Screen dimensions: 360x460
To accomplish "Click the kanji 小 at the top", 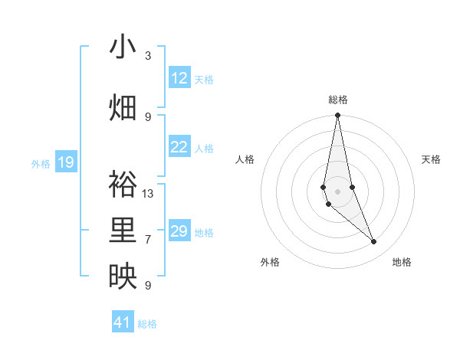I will (123, 47).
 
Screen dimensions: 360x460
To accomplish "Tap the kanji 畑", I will (123, 108).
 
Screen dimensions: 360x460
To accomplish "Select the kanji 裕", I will (123, 184).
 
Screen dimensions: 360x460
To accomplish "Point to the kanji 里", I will (123, 231).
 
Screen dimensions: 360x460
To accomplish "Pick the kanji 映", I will (123, 277).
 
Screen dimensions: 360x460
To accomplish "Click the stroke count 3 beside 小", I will (148, 56).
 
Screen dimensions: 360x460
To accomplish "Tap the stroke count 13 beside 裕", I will (148, 193).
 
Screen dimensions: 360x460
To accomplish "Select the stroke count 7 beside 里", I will (148, 240).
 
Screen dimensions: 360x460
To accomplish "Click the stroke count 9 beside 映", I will (148, 286).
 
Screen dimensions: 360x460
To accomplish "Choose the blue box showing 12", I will (179, 78).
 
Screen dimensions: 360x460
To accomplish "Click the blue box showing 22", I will (179, 147).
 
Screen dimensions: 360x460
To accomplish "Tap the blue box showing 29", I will (179, 231).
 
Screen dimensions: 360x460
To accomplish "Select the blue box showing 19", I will (65, 162).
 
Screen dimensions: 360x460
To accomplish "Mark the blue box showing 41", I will (123, 322).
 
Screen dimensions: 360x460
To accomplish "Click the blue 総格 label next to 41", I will (147, 324).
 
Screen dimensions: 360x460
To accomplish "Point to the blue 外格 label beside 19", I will (41, 163).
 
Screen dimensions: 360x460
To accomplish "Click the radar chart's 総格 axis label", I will (338, 100).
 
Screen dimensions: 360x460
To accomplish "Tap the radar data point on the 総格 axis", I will (337, 116).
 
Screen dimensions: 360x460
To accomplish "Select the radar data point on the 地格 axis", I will (374, 242).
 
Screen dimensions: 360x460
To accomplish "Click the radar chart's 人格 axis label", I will (245, 159).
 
